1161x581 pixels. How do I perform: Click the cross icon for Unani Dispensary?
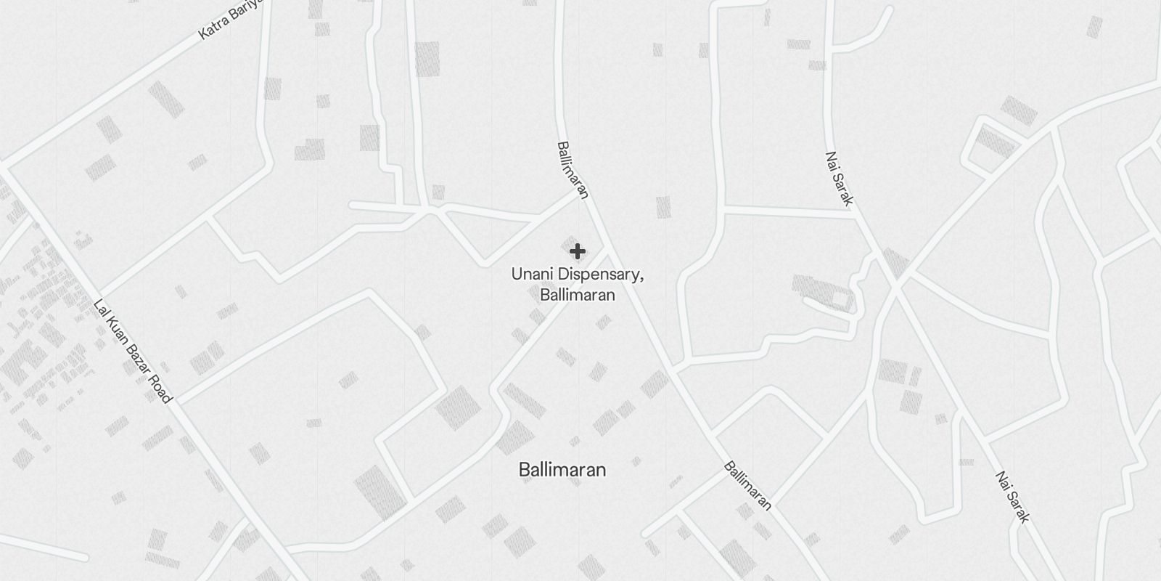point(578,251)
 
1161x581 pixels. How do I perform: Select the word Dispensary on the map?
point(598,275)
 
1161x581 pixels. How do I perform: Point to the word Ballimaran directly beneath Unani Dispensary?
point(578,295)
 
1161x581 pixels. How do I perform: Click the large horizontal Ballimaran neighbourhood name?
point(562,470)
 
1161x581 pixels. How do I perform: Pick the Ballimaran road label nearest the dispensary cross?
point(572,170)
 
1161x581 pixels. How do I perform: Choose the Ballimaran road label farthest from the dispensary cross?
point(747,486)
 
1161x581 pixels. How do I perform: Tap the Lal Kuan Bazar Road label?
point(133,352)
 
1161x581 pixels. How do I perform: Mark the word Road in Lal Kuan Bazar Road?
point(160,389)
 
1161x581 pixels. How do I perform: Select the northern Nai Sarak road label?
point(838,179)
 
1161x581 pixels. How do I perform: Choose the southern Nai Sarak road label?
point(1012,497)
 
